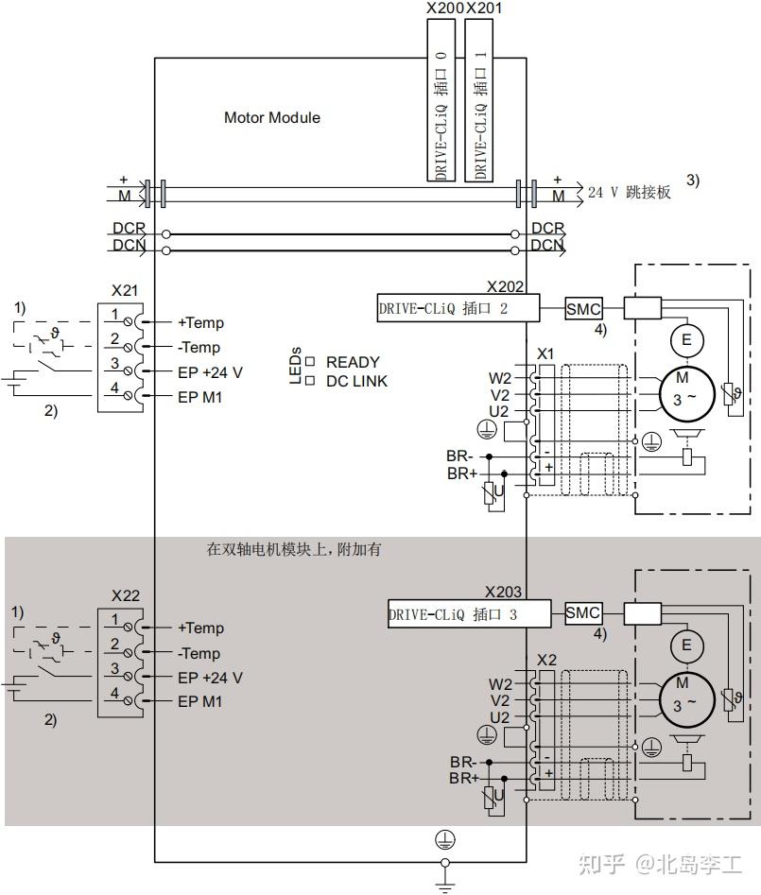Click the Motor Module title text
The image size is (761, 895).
[x=271, y=118]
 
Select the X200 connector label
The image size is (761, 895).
[x=445, y=9]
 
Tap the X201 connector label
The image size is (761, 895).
[x=484, y=9]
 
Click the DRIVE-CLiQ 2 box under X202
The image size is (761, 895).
[x=458, y=308]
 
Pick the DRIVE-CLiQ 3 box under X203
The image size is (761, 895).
[x=468, y=614]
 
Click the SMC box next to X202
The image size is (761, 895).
[x=582, y=308]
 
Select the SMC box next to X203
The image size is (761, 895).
[x=582, y=613]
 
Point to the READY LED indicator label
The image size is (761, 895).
[x=352, y=362]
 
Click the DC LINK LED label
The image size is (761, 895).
[x=356, y=381]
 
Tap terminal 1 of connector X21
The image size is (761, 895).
[x=114, y=314]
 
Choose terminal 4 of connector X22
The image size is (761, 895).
[x=114, y=694]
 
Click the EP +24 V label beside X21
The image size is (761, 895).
[x=210, y=372]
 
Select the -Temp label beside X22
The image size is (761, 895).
[x=199, y=653]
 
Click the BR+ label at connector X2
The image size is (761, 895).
[x=464, y=778]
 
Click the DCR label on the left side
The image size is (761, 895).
[x=129, y=229]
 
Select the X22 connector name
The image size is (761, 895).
[x=125, y=595]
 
